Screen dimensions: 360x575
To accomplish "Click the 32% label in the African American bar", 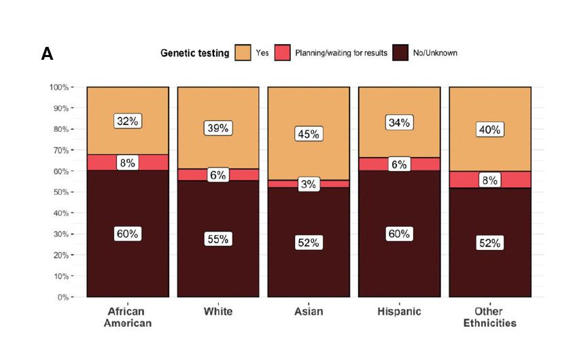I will click(x=127, y=122).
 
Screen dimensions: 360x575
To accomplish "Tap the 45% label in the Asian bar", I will click(x=308, y=134).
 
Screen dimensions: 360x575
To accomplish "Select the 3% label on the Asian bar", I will click(x=308, y=185).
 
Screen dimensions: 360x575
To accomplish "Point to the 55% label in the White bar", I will click(x=217, y=239).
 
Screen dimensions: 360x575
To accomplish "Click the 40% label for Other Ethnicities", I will click(x=489, y=130).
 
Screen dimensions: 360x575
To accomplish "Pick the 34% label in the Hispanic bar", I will click(x=398, y=123).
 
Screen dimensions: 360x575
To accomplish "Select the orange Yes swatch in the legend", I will click(x=243, y=53).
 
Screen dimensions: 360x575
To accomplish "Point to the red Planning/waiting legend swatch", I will click(x=283, y=53).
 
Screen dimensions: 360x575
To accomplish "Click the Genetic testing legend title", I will click(x=194, y=53).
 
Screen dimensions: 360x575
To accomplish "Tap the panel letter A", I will click(x=47, y=54).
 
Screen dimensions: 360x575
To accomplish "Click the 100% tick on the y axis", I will click(x=58, y=88).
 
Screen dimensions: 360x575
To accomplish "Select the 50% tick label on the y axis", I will click(x=60, y=192).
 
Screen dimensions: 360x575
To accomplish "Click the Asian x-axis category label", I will click(x=308, y=312).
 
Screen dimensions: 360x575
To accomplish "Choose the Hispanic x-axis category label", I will click(x=398, y=312).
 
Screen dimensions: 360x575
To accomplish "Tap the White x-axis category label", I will click(x=217, y=312).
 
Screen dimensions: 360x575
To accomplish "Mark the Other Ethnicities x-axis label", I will click(x=489, y=317).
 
